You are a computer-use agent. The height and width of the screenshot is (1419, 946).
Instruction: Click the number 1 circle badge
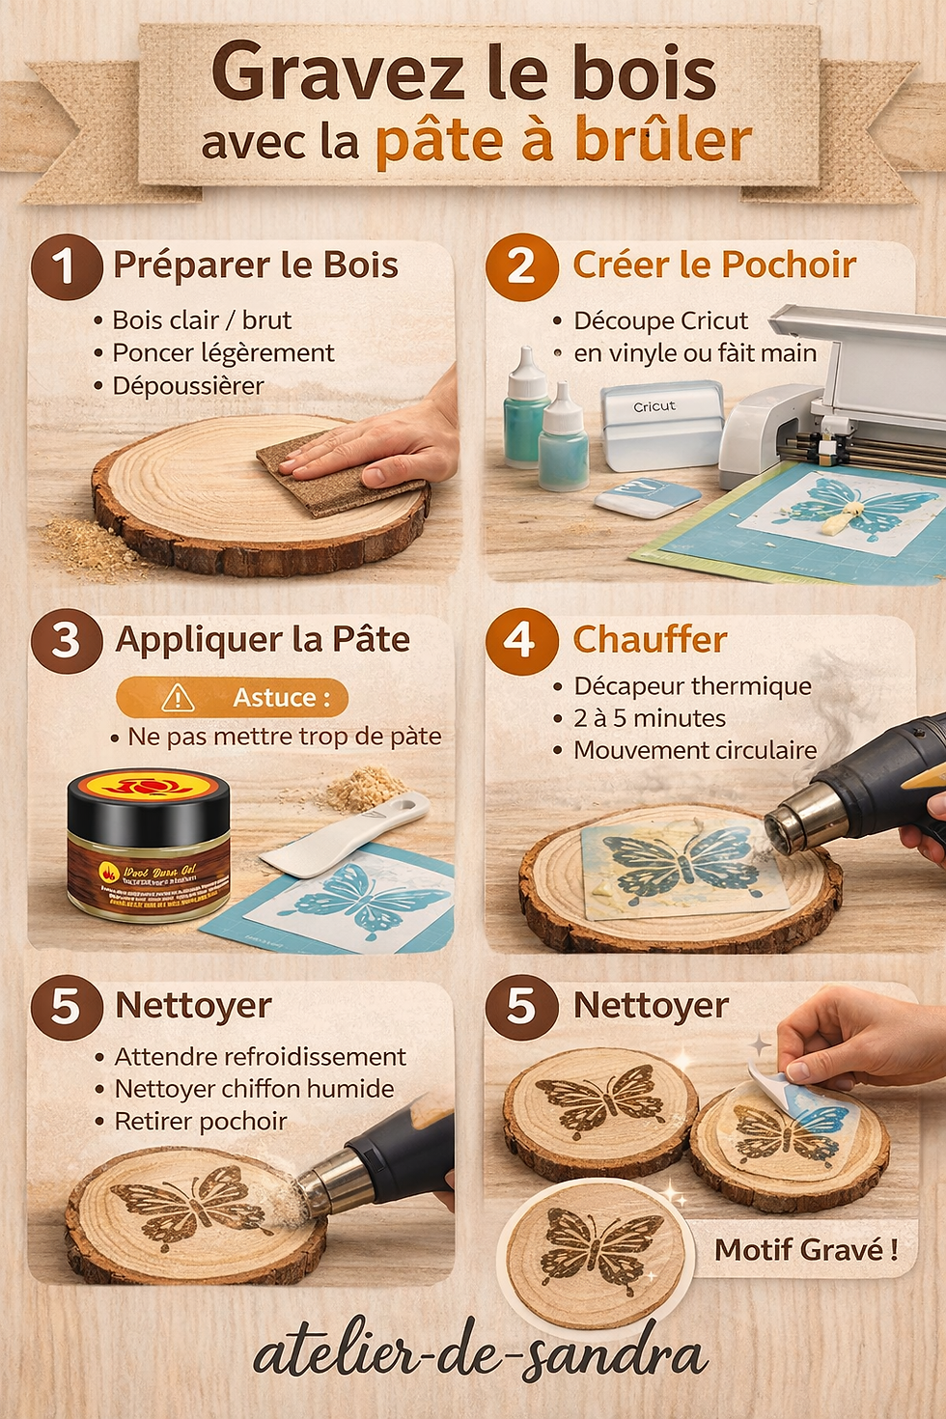pos(66,267)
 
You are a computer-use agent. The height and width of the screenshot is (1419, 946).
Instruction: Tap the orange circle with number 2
pos(521,267)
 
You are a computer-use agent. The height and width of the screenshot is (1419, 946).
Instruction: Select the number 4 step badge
pos(521,641)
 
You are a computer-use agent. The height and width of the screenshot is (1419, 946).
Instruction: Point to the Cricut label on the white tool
pos(654,406)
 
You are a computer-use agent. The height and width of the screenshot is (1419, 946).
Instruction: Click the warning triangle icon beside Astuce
pos(179,697)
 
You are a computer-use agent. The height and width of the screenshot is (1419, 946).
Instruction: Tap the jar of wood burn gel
pos(150,846)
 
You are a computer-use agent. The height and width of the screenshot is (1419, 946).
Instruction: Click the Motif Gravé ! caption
pos(806,1250)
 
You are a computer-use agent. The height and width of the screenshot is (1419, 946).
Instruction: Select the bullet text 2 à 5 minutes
pos(650,718)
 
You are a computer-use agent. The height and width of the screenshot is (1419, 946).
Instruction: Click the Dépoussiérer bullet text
pos(188,386)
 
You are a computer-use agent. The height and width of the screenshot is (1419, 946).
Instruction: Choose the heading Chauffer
pos(650,640)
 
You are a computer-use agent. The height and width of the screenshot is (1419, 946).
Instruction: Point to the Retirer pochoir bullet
pos(201,1122)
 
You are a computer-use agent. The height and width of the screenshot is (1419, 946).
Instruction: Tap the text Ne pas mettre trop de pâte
pos(285,737)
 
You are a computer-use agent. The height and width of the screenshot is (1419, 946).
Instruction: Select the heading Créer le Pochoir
pos(714,265)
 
